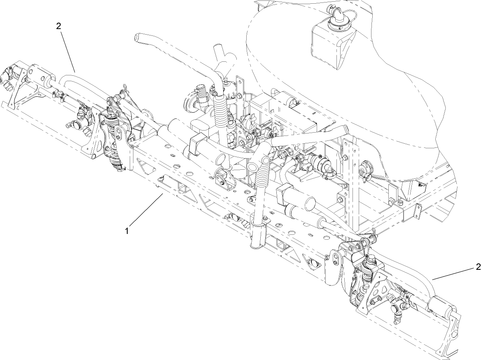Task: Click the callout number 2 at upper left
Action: tap(58, 26)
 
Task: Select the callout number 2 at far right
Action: tap(478, 267)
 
